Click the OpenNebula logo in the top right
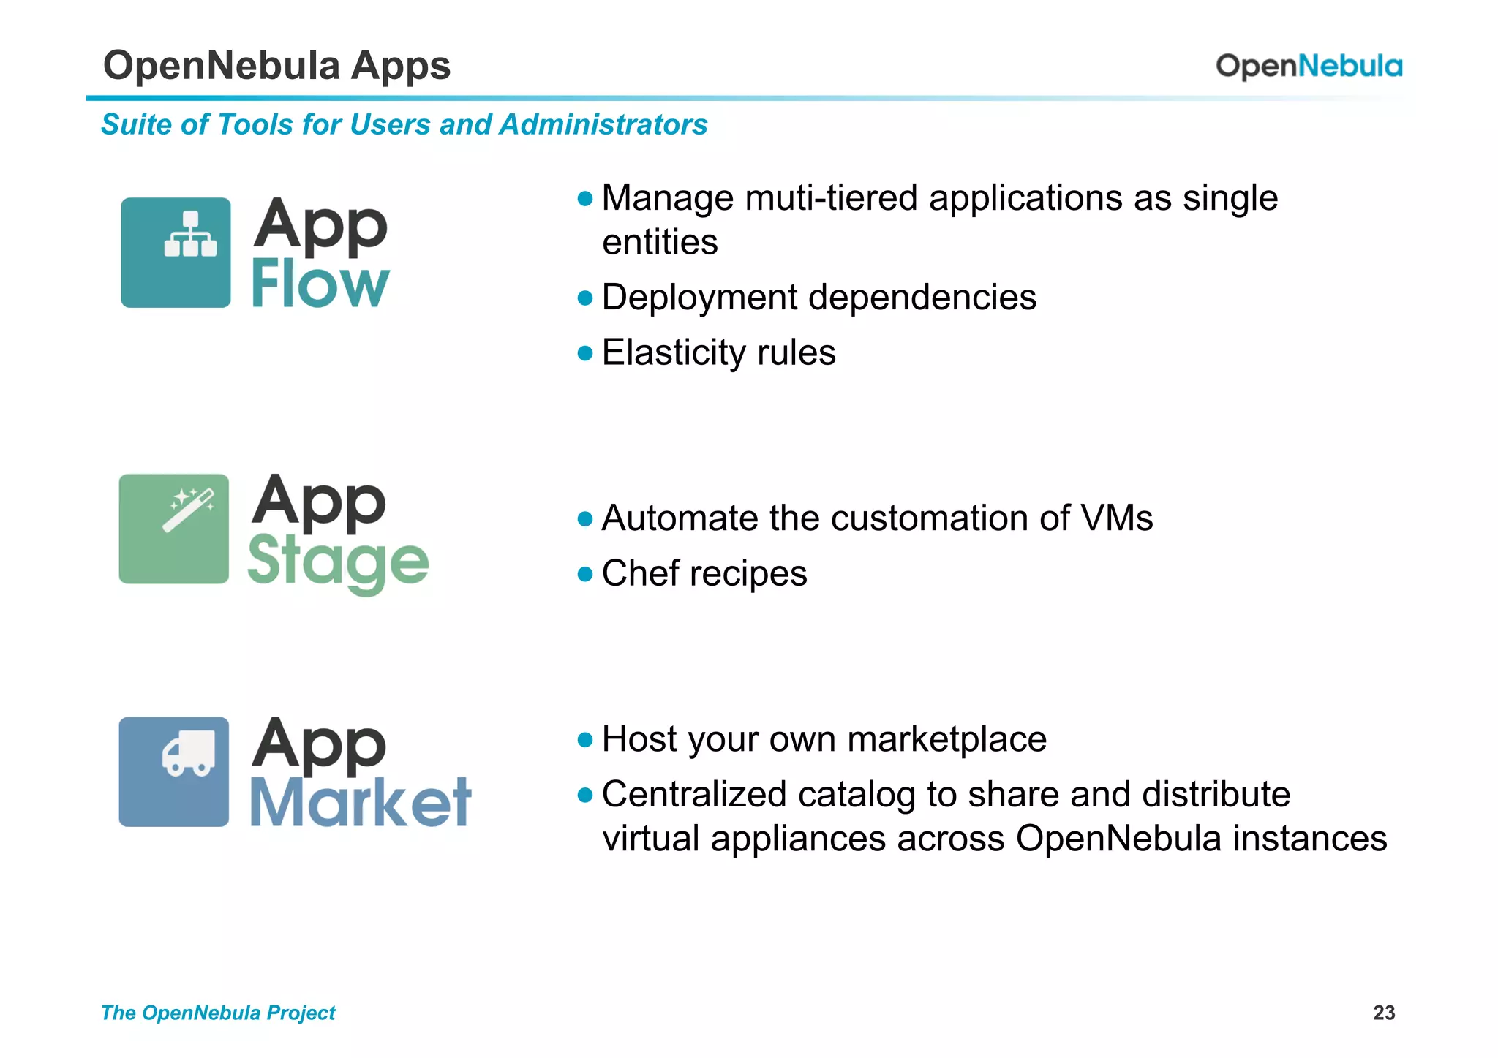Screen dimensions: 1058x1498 (x=1309, y=66)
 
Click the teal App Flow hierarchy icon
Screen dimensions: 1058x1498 (x=176, y=252)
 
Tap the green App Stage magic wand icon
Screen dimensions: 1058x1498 (x=174, y=529)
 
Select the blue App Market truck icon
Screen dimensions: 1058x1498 (x=174, y=771)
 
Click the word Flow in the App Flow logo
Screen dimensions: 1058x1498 (x=320, y=284)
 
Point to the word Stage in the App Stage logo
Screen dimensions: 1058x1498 (x=338, y=562)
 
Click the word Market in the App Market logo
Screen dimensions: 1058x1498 (x=361, y=802)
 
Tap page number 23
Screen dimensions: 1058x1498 (x=1384, y=1013)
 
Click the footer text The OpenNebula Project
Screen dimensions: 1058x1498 (x=218, y=1013)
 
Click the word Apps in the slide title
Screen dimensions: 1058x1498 (x=400, y=65)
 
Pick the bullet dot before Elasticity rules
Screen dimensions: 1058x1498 (x=584, y=353)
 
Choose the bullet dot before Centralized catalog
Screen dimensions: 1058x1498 (x=584, y=795)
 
